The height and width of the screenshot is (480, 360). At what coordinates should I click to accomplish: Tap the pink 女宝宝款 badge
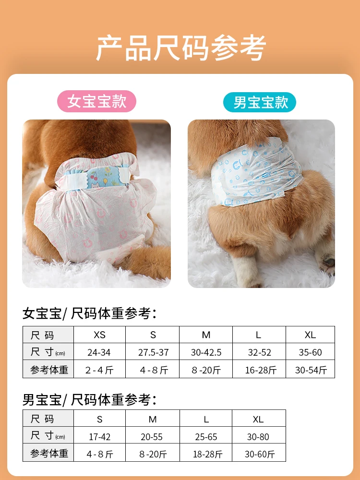(96, 102)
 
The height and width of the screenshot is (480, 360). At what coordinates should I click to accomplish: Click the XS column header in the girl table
(99, 335)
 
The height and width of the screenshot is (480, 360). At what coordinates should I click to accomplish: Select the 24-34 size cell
(99, 352)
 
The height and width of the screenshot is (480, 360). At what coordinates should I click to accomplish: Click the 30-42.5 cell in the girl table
(206, 352)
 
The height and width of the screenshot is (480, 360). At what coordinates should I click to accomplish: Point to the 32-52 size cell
(260, 352)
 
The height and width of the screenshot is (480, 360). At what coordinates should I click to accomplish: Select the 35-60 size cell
(310, 352)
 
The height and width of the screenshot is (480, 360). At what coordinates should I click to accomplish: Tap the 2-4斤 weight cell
(99, 370)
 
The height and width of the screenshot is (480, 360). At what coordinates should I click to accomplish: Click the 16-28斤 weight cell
(260, 370)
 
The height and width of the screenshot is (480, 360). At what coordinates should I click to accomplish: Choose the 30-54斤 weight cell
(310, 370)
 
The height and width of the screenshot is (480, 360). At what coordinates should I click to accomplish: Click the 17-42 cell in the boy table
(99, 436)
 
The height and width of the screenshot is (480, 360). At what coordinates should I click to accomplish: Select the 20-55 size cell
(153, 436)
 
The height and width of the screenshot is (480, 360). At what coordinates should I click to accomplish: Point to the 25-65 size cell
(206, 436)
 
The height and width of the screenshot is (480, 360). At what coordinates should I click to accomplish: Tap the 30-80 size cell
(259, 436)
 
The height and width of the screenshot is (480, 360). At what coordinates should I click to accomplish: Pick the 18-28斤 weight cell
(206, 454)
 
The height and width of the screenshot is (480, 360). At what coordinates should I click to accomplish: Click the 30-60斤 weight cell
(259, 454)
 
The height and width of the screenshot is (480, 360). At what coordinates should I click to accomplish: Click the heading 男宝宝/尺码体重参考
(89, 399)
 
